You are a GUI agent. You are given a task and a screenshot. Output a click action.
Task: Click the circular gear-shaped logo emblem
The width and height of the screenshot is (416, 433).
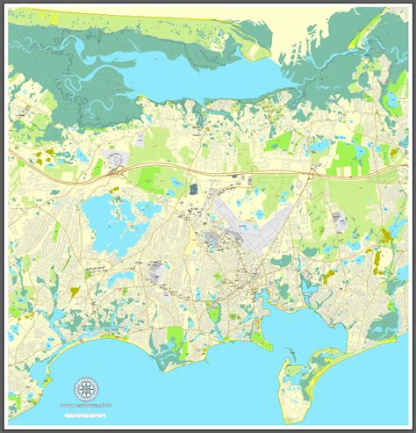[x=84, y=387]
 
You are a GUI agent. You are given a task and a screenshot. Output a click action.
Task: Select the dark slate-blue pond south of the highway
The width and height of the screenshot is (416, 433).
[x=192, y=186]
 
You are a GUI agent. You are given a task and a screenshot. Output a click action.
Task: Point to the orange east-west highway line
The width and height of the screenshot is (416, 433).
[x=263, y=172]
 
